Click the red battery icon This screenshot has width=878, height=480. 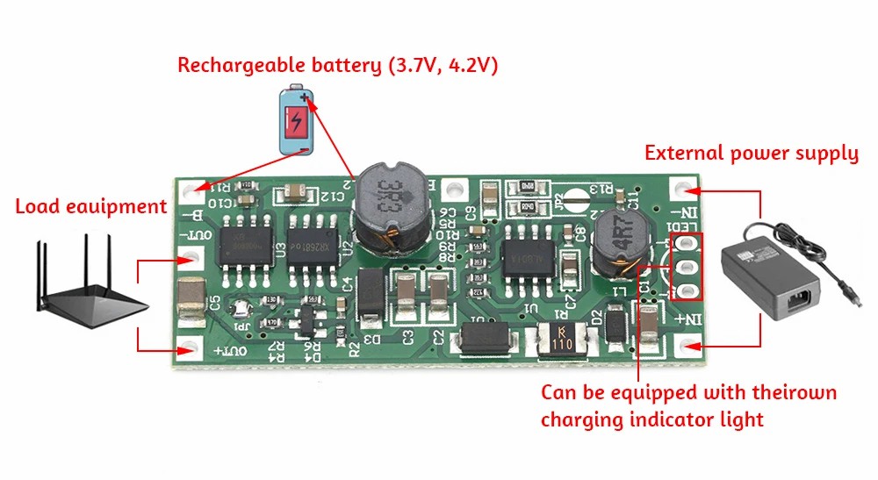(x=296, y=121)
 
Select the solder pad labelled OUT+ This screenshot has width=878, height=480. (x=189, y=349)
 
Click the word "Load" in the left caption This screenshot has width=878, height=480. (x=37, y=207)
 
